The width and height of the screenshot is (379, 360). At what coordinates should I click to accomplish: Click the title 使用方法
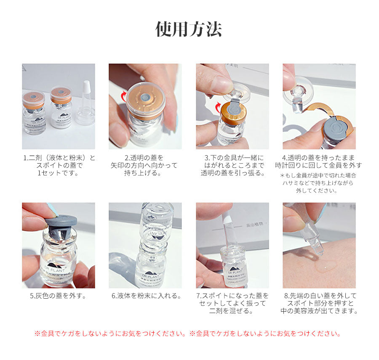click(189, 29)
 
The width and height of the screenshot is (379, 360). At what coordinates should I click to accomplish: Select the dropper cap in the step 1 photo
click(85, 103)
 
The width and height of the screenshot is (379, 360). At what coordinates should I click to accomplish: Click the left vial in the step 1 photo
click(34, 113)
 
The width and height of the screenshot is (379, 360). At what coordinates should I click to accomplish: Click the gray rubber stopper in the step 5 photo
click(61, 227)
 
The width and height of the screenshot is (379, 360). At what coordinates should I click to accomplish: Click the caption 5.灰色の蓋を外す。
click(58, 296)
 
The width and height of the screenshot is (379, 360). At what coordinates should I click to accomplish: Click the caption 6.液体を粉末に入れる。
click(146, 296)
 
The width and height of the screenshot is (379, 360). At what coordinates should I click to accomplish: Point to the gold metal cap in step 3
click(233, 113)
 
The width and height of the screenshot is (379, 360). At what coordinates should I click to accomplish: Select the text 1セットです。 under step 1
click(58, 173)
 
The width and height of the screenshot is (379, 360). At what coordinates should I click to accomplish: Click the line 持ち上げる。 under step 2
click(143, 173)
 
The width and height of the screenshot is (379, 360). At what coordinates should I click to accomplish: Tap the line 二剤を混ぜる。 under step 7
click(231, 311)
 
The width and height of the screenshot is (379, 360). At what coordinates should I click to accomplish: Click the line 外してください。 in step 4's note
click(317, 191)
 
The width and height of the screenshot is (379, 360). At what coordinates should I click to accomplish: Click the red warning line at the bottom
click(188, 334)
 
